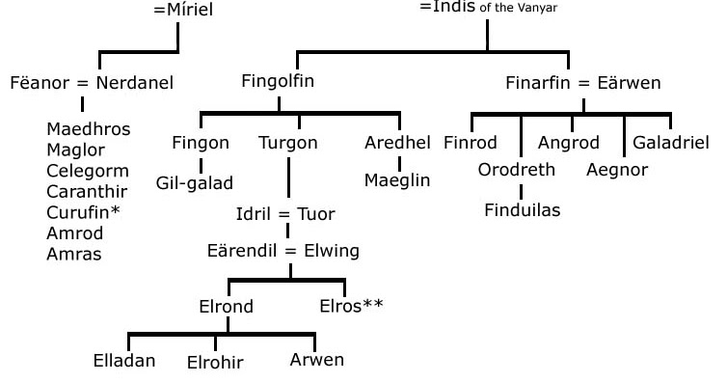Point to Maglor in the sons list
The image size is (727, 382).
coord(75,149)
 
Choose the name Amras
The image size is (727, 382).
coord(73,255)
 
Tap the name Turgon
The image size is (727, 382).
coord(287,143)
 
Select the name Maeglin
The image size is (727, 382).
coord(397,180)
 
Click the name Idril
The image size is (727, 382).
coord(255,213)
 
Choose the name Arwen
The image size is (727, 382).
coord(316,360)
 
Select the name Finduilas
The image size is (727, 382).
coord(522,209)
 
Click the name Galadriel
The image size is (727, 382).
coord(670,143)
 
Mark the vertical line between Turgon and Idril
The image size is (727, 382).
coord(288,178)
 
